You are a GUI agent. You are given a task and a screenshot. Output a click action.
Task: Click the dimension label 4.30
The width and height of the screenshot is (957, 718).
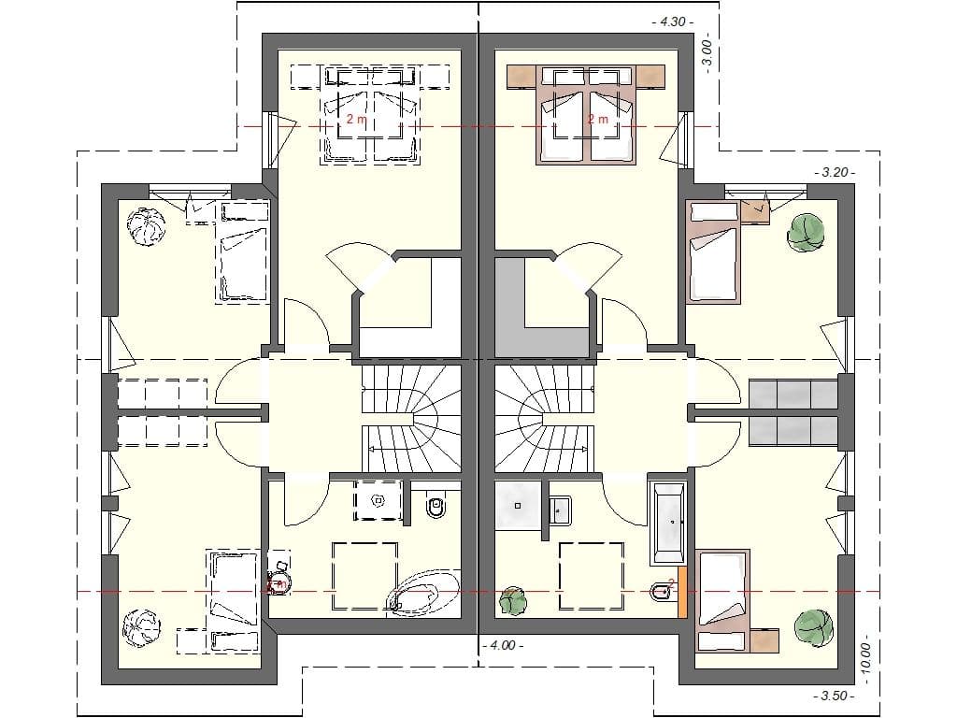[x=672, y=21]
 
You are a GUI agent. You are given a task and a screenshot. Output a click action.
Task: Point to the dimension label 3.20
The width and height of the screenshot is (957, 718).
[x=834, y=172]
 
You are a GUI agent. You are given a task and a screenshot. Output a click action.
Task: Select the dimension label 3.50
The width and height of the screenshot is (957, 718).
[x=834, y=696]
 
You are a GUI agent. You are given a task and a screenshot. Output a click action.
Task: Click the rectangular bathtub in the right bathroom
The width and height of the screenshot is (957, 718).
[x=668, y=524]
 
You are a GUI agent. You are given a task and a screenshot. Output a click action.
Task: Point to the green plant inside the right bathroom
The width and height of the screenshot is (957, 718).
[x=512, y=600]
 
